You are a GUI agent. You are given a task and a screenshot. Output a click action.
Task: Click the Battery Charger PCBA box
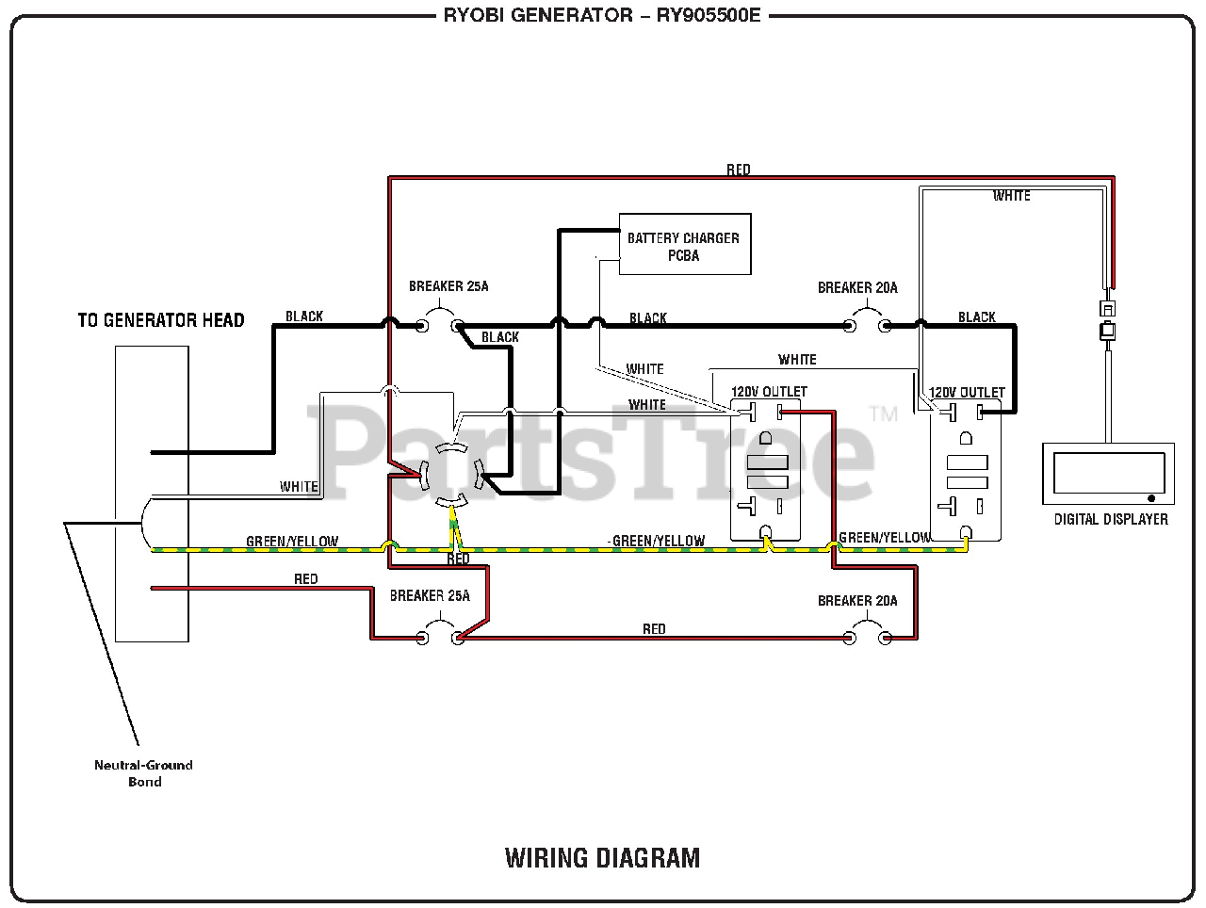coord(684,245)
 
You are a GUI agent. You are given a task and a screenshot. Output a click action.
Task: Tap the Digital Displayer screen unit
coord(1108,476)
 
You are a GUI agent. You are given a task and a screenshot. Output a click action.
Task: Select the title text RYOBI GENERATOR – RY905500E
coord(602,15)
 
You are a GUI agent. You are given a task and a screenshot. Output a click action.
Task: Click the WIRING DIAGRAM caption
coord(602,858)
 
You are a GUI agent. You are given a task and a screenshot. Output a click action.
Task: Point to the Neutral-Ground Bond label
coord(143,773)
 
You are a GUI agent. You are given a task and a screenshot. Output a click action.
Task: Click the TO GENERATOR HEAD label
coord(161,320)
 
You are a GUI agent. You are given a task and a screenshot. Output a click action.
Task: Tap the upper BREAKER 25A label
coord(448,286)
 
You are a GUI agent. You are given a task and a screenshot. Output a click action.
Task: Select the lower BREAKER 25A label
coord(430,596)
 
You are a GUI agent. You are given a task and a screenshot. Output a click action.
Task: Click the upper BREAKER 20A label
coord(857,288)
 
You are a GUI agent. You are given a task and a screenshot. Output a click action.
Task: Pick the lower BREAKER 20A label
coord(857,601)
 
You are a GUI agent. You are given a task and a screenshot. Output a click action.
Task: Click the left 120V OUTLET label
coord(769,392)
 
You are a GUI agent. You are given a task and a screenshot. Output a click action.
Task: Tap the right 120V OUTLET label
coord(967,393)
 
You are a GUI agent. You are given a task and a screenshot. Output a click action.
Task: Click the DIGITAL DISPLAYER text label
coord(1111,519)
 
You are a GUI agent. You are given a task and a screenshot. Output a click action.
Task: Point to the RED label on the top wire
coord(739,170)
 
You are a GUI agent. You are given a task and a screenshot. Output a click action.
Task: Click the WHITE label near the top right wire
coord(1011,196)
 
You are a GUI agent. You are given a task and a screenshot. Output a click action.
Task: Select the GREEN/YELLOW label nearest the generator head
coord(292,542)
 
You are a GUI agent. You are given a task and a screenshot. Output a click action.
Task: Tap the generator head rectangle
coord(152,494)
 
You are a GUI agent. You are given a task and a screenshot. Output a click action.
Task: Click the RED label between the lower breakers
coord(654,629)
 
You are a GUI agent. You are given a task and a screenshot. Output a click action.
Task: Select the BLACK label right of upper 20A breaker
coord(976,317)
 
